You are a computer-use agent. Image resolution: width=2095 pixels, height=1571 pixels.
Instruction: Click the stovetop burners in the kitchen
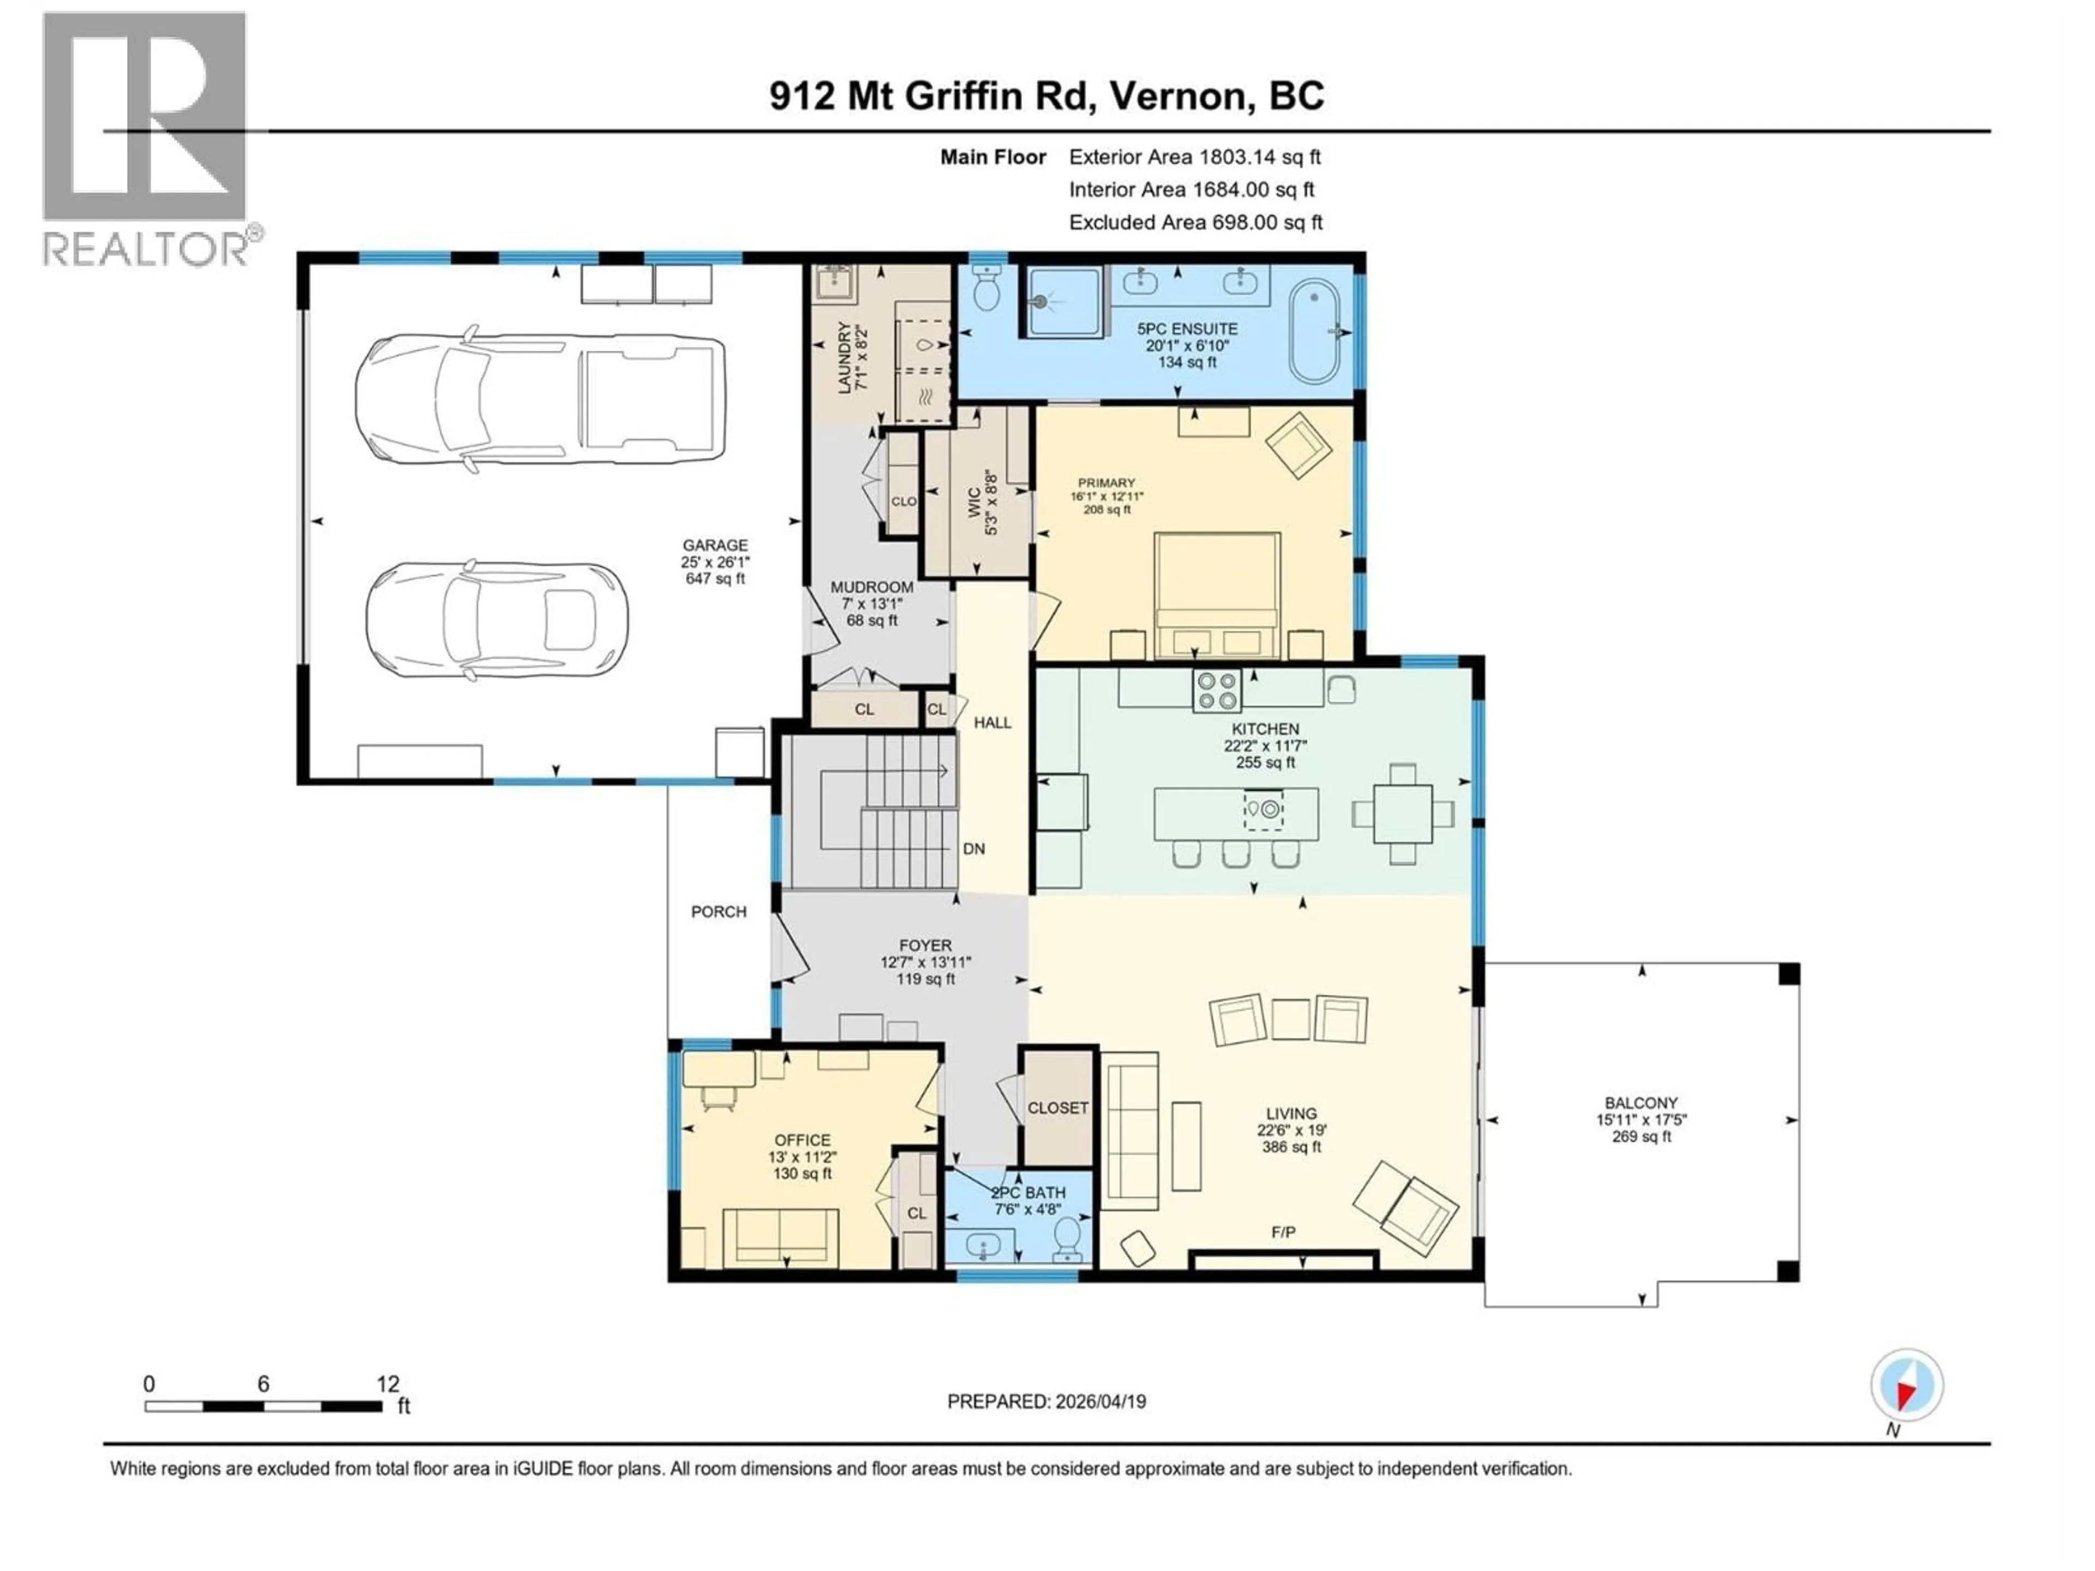1217,691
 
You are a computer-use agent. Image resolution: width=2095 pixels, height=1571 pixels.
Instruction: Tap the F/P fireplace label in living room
1283,1233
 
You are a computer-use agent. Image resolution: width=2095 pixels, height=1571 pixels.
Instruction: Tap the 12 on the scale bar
387,1384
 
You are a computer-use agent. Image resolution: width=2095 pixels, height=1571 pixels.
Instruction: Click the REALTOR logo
145,137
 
